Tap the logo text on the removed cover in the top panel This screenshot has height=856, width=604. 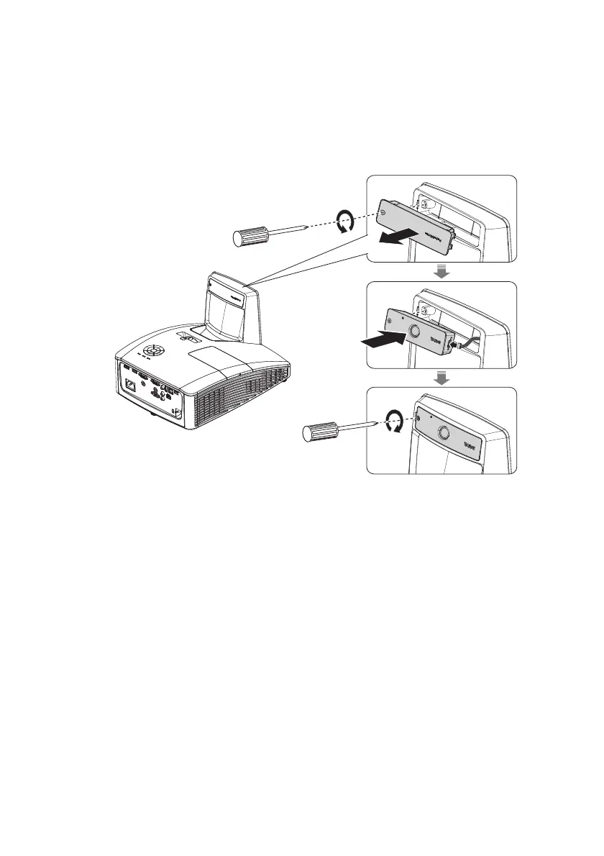tap(429, 233)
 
